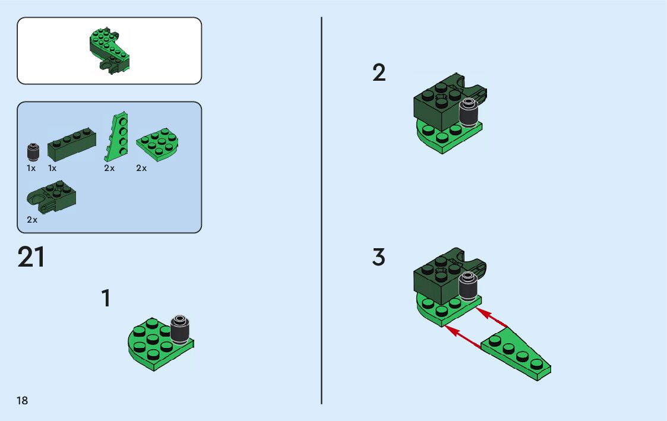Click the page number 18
(23, 401)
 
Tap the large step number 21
(31, 258)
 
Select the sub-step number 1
(106, 299)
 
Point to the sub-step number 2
(379, 74)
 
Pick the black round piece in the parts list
(33, 151)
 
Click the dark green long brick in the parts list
(72, 145)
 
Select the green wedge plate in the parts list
(117, 137)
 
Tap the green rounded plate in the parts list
(159, 144)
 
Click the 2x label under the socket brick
(32, 220)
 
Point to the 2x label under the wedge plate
(109, 168)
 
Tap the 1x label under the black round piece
(31, 168)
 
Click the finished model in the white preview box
(109, 50)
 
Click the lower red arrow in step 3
(463, 336)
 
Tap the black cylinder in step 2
(469, 113)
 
